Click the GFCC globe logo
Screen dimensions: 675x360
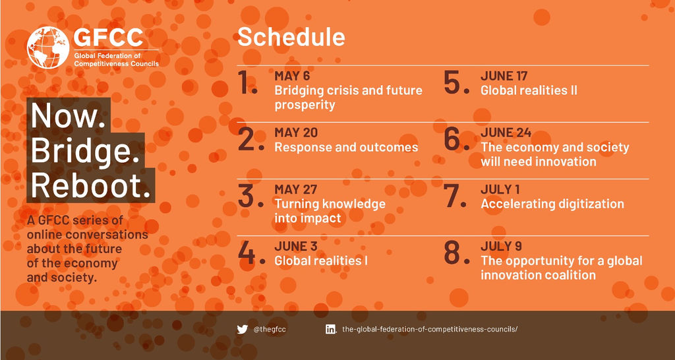pos(47,47)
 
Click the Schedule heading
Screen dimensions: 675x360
pos(291,38)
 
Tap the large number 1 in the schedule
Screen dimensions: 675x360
pos(248,82)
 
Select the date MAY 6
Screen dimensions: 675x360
pos(292,76)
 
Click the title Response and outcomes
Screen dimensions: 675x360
pos(346,147)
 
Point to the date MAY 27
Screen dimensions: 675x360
pos(296,190)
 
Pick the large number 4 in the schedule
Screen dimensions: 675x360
pos(251,253)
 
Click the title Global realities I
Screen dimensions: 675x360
pos(321,260)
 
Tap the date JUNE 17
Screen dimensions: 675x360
pos(504,76)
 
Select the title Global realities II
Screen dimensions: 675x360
pos(529,90)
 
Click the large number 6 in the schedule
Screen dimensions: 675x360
pos(456,140)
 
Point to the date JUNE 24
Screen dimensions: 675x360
pos(506,133)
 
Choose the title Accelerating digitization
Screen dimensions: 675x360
pos(552,204)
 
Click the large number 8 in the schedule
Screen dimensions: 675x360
pos(456,253)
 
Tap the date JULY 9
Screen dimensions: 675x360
pos(502,247)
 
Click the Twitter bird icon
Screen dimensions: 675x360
pos(243,330)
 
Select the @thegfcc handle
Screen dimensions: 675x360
pos(270,330)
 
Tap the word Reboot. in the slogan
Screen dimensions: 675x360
pos(90,185)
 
